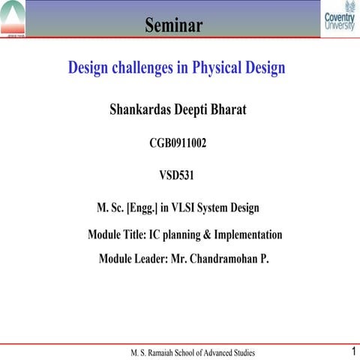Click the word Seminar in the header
click(x=174, y=27)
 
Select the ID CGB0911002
click(x=178, y=142)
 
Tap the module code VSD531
click(x=178, y=175)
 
